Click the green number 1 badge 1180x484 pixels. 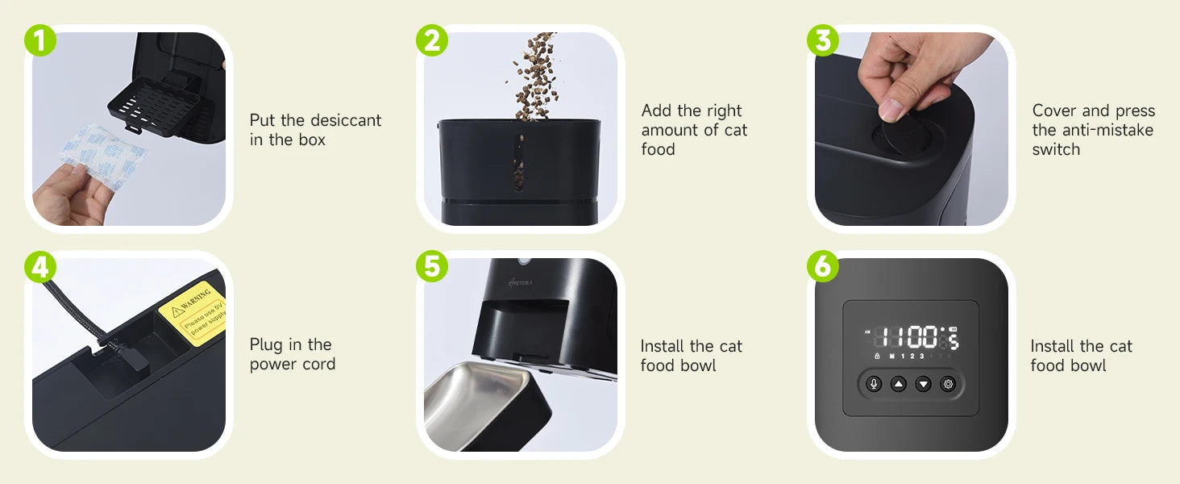tap(39, 40)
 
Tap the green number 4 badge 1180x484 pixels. tap(39, 266)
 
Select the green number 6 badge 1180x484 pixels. tap(823, 266)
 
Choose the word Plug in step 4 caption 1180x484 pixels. tap(267, 344)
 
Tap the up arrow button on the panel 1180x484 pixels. tap(899, 384)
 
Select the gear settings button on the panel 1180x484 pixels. tap(948, 384)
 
